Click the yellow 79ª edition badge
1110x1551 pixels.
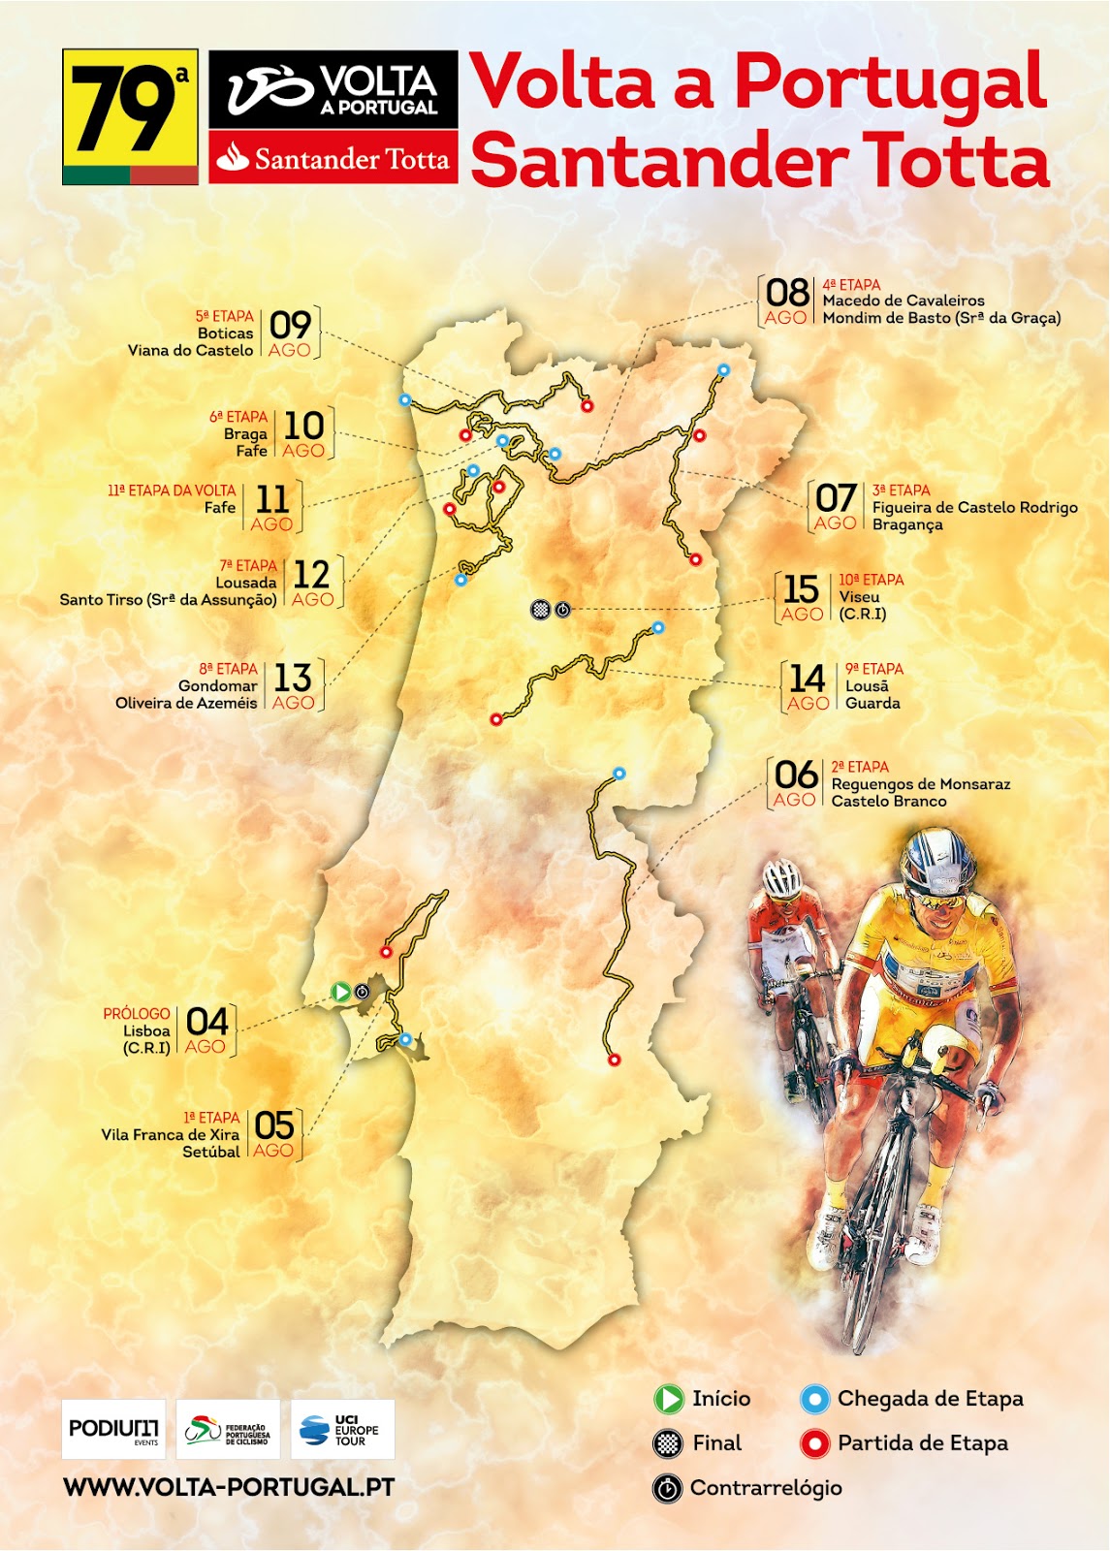[130, 116]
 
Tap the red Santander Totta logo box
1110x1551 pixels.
[333, 158]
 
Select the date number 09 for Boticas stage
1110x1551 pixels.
[290, 325]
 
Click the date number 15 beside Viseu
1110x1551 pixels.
[801, 589]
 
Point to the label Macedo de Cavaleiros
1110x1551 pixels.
[904, 301]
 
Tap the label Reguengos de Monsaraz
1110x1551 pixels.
[920, 784]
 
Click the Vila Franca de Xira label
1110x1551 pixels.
[170, 1134]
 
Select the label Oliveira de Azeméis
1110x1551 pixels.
[186, 703]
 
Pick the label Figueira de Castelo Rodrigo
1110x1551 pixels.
[974, 507]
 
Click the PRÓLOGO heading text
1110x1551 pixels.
[137, 1014]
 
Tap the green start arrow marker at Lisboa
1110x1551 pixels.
[340, 992]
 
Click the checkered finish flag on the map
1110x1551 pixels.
[540, 610]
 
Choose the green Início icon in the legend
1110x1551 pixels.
[669, 1399]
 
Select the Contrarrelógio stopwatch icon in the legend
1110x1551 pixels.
[667, 1488]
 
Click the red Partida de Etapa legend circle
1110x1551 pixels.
[814, 1443]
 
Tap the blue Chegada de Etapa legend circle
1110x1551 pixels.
[814, 1399]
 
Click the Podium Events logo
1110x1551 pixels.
[113, 1429]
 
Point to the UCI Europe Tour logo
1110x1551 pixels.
[342, 1429]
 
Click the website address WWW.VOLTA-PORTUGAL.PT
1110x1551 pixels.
[229, 1487]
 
